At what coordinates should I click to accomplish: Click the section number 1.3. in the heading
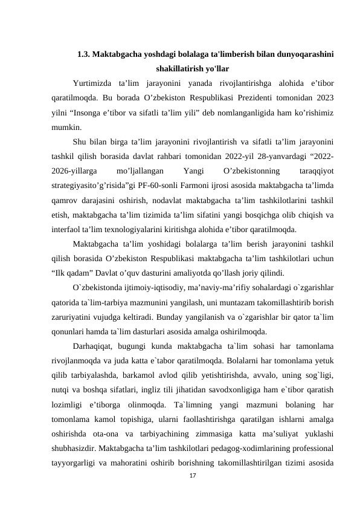pyautogui.click(x=85, y=54)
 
